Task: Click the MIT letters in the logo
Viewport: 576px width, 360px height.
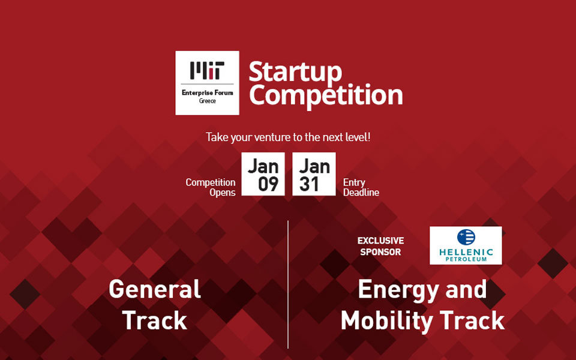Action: [207, 70]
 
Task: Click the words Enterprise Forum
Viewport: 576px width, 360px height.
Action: [207, 92]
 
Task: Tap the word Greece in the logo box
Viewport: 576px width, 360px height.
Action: [207, 101]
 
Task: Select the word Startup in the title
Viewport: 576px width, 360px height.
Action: [295, 72]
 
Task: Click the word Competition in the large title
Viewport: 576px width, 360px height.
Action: [326, 95]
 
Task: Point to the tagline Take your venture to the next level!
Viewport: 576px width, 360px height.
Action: [288, 137]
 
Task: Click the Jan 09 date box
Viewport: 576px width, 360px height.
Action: [263, 174]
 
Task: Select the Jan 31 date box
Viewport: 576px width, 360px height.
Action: [314, 174]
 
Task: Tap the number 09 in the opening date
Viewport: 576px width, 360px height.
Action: [268, 184]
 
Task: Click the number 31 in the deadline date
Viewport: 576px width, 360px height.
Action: [310, 184]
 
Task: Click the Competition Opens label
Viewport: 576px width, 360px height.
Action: [211, 187]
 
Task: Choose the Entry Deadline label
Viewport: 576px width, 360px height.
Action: [361, 187]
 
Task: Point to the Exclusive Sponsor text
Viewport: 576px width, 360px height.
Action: [380, 246]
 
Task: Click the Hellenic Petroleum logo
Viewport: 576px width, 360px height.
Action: [466, 245]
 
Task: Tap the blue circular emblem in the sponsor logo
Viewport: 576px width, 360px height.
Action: [466, 237]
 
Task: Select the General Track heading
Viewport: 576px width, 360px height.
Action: [155, 305]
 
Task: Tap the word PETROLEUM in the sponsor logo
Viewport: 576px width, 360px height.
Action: [466, 259]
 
